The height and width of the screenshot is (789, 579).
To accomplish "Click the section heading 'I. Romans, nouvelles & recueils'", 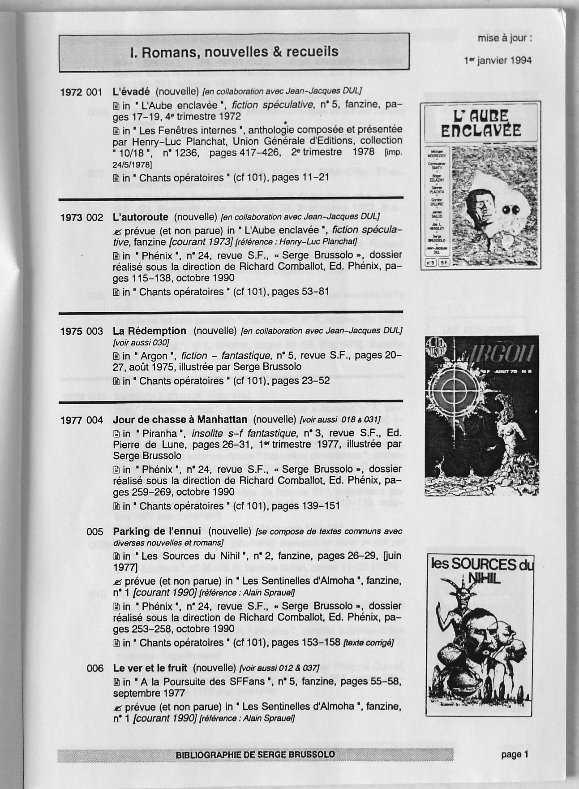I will (x=234, y=52).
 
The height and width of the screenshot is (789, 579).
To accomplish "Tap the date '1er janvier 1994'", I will (x=498, y=60).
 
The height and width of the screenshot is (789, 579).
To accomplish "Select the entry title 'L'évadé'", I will (x=131, y=91).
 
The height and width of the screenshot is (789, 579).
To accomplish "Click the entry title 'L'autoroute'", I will (x=141, y=217).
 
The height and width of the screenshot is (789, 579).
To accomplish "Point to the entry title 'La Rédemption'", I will (x=150, y=331).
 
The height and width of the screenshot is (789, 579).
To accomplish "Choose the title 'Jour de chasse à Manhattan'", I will (x=180, y=419).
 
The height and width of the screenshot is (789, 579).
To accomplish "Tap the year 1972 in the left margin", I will (x=71, y=92).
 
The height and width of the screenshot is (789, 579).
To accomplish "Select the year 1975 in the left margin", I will (x=71, y=332).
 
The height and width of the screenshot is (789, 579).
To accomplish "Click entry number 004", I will (x=94, y=420).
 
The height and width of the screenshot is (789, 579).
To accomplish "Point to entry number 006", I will (x=94, y=668).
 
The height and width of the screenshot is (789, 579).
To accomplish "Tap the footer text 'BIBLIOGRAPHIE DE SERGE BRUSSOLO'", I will (x=255, y=755).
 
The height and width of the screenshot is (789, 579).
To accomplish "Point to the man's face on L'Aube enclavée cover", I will (x=479, y=204).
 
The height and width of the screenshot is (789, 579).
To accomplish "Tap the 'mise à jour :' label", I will (x=505, y=38).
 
